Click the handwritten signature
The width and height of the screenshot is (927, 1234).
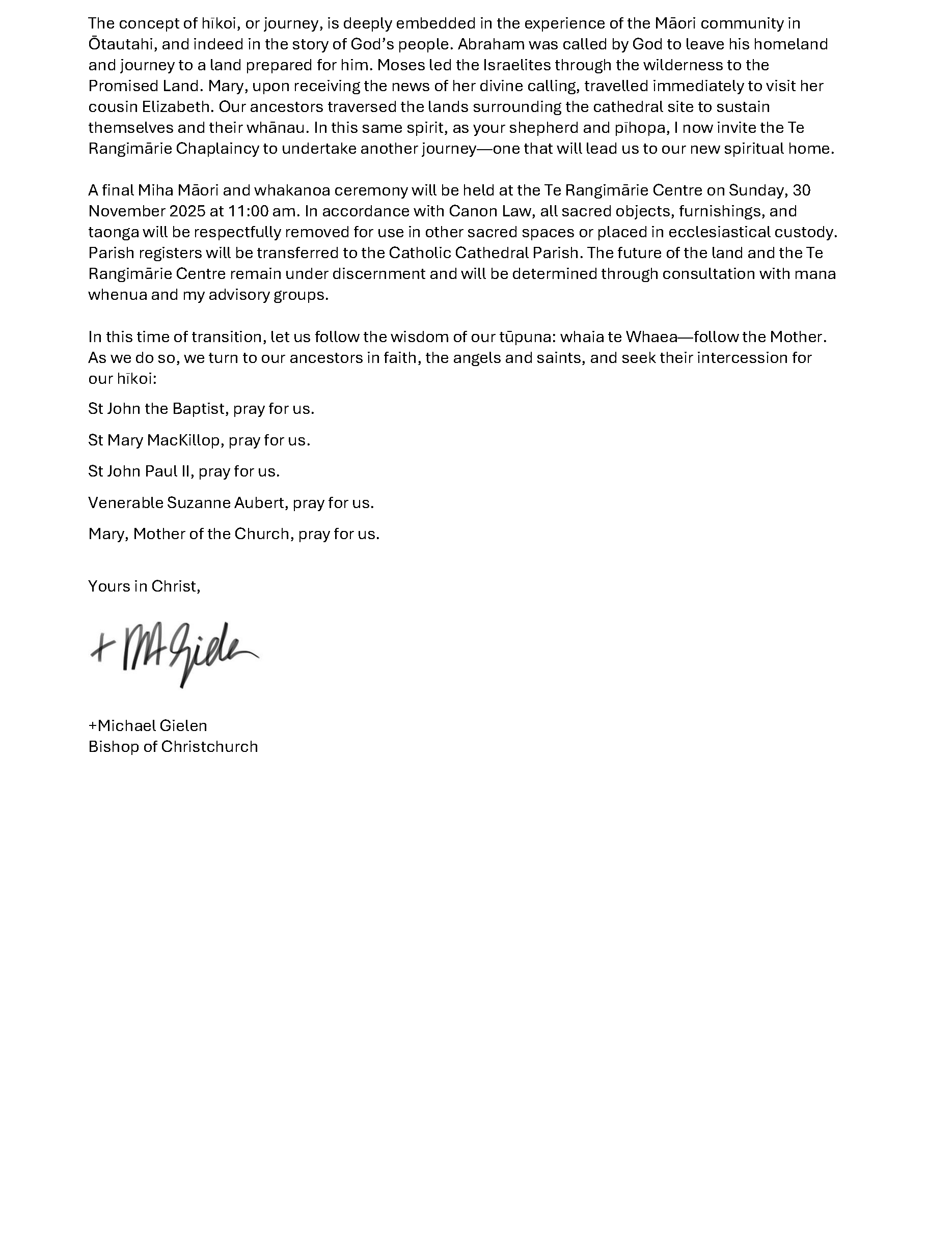coord(174,653)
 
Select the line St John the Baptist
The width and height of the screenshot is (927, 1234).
coord(201,409)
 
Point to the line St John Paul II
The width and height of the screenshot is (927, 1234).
coord(183,471)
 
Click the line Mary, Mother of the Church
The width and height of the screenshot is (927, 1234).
coord(233,535)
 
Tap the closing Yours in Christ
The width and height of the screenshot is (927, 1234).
coord(144,586)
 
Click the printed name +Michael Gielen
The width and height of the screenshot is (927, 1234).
coord(147,726)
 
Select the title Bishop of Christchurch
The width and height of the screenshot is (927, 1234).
coord(173,747)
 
